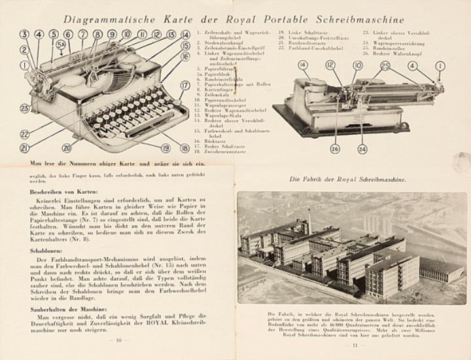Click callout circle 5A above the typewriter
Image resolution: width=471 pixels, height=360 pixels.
[61, 45]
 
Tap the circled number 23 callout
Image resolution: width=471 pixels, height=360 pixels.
[25, 108]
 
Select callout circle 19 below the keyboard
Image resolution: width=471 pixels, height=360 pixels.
[166, 149]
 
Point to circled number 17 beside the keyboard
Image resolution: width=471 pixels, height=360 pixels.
[185, 85]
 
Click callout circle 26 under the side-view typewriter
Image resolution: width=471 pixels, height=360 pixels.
[335, 149]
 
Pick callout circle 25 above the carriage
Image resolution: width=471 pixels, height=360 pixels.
[385, 65]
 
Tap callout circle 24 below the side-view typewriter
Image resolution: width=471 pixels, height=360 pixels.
[362, 149]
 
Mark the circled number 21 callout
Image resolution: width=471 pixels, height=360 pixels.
[26, 148]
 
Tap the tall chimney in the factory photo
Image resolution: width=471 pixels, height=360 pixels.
[309, 223]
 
